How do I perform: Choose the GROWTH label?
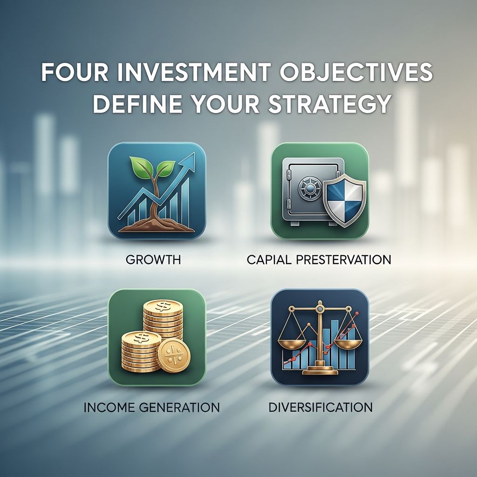(153, 259)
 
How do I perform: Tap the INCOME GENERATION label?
(152, 407)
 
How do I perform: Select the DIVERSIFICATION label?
(320, 407)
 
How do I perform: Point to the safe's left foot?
(295, 223)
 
